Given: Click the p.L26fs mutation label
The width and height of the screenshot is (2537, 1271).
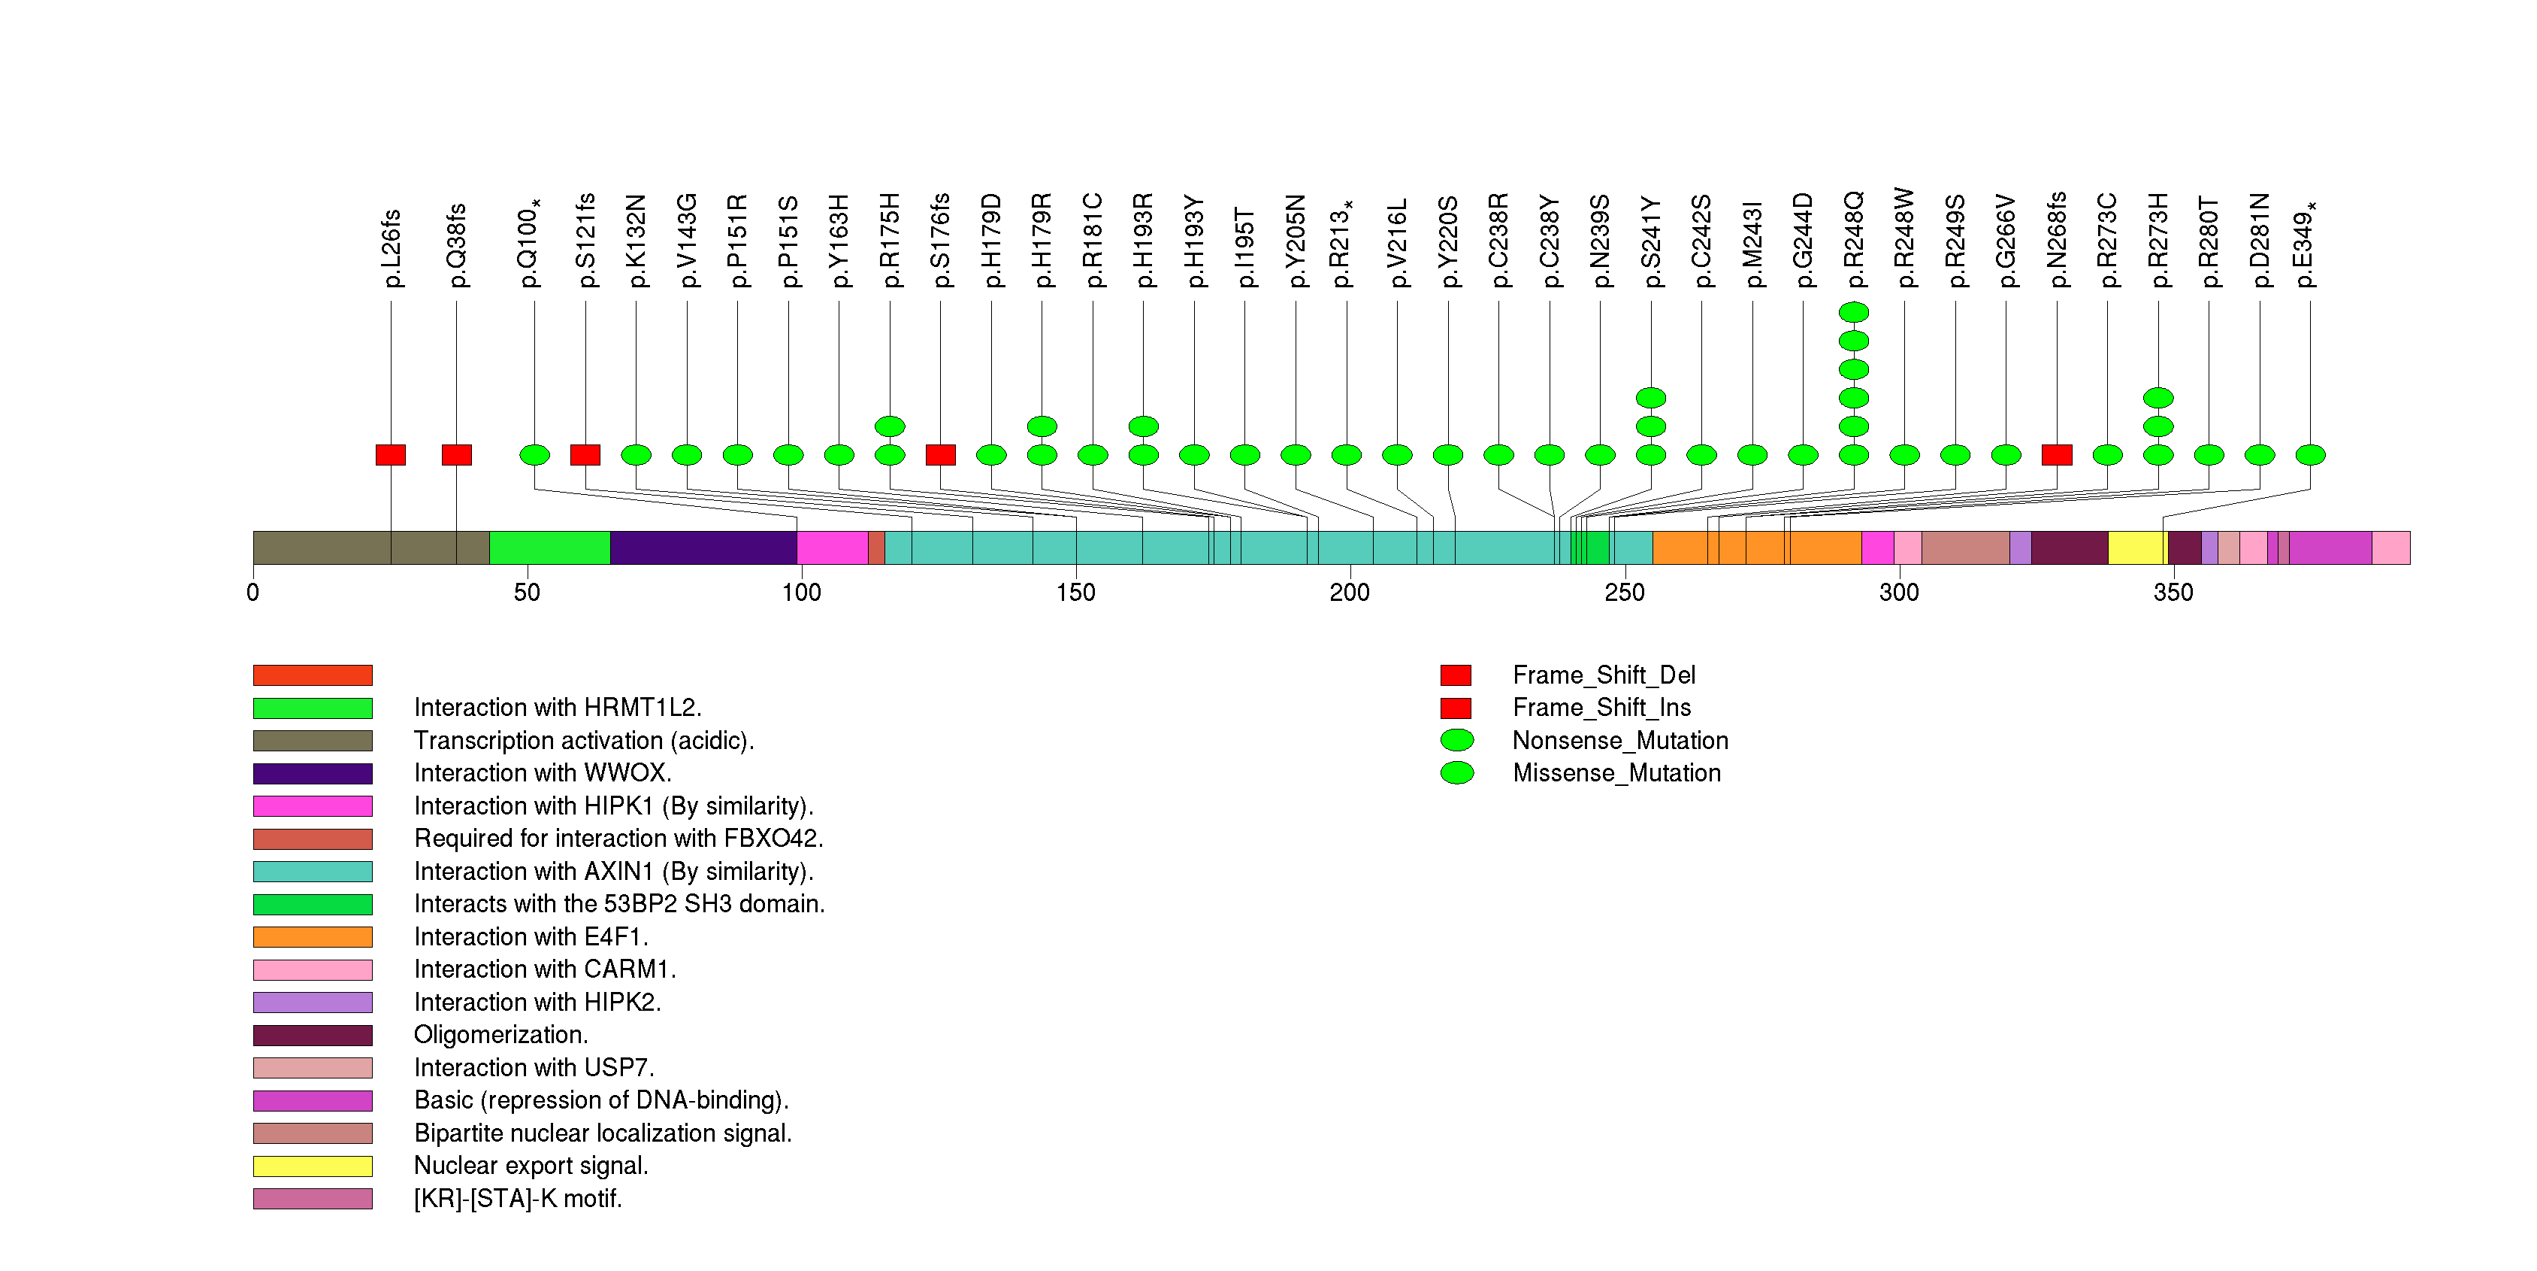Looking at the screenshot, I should pyautogui.click(x=391, y=248).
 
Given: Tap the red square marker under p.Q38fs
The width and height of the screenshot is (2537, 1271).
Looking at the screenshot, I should pyautogui.click(x=456, y=454).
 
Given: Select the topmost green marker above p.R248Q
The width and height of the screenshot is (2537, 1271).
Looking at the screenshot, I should pyautogui.click(x=1853, y=312).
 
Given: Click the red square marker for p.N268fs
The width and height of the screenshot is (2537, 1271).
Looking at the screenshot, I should pyautogui.click(x=2056, y=454).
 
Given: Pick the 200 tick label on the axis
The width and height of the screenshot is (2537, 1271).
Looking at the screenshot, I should pyautogui.click(x=1349, y=592).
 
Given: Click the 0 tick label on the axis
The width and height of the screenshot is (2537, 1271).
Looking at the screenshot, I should pyautogui.click(x=253, y=592).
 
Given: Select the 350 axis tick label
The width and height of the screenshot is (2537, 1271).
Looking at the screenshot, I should pyautogui.click(x=2173, y=592).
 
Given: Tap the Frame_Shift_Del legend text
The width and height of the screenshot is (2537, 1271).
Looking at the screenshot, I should pyautogui.click(x=1604, y=675).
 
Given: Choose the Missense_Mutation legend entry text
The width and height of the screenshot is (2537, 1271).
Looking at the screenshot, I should pyautogui.click(x=1616, y=772).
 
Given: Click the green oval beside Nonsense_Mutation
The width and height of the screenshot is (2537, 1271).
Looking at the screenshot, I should pyautogui.click(x=1456, y=740).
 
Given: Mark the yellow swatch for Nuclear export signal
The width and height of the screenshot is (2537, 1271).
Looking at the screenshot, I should pyautogui.click(x=312, y=1166).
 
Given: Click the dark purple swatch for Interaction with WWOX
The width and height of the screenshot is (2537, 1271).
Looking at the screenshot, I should pyautogui.click(x=312, y=773).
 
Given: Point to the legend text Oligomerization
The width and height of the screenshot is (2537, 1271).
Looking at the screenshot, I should pyautogui.click(x=500, y=1035).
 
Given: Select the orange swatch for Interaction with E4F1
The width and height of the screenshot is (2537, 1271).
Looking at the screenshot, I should pyautogui.click(x=312, y=937).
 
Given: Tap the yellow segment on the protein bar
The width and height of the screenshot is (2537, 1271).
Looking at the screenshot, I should pyautogui.click(x=2135, y=548).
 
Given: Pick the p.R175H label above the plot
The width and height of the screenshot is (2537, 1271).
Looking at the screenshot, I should pyautogui.click(x=889, y=241).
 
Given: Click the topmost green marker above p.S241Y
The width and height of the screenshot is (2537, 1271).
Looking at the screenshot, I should pyautogui.click(x=1650, y=398).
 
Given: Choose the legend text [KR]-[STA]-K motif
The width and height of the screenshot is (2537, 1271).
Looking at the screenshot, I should pyautogui.click(x=518, y=1198).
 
